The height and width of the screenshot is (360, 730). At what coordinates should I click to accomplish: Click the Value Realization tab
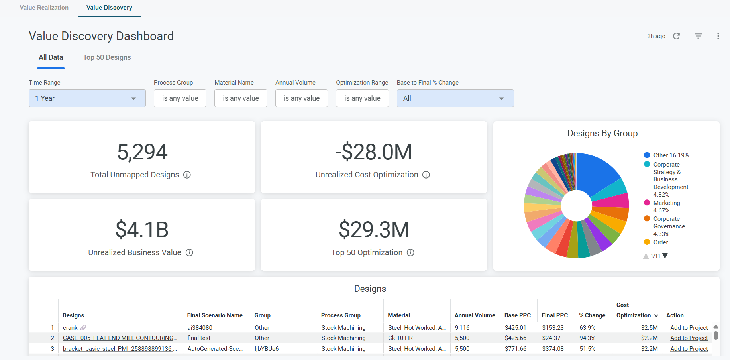[x=44, y=8]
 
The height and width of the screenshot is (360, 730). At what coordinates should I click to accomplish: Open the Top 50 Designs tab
[x=107, y=57]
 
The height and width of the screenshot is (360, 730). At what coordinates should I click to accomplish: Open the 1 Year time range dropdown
[x=87, y=98]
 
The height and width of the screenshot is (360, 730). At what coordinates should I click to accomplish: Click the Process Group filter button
[x=180, y=98]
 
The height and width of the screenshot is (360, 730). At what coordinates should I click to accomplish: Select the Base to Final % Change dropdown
[x=455, y=98]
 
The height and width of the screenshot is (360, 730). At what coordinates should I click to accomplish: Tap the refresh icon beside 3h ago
[x=677, y=36]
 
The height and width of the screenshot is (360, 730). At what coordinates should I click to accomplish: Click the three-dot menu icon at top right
[x=718, y=36]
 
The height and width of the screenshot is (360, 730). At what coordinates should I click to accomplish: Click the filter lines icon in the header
[x=698, y=36]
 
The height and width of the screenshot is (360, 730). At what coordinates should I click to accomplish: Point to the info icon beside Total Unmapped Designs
[x=187, y=175]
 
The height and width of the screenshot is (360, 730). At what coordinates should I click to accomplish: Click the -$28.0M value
[x=374, y=152]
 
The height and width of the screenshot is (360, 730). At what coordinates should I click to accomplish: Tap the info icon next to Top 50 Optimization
[x=410, y=252]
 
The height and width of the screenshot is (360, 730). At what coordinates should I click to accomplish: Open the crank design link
[x=71, y=328]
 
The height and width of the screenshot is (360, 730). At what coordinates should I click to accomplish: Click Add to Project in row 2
[x=689, y=338]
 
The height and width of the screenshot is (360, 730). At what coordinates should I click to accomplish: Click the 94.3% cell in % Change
[x=587, y=338]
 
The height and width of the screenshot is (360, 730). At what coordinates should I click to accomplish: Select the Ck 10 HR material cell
[x=400, y=338]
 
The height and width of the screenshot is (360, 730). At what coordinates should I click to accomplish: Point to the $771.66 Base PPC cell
[x=516, y=349]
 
